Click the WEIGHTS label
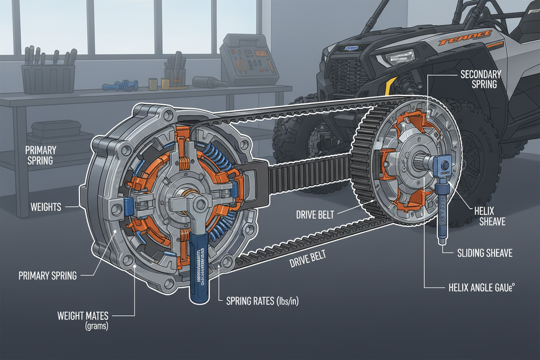pos(45,207)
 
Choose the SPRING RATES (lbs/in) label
pos(262,301)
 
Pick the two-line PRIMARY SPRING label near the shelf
pos(41,155)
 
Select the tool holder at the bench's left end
pos(48,78)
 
